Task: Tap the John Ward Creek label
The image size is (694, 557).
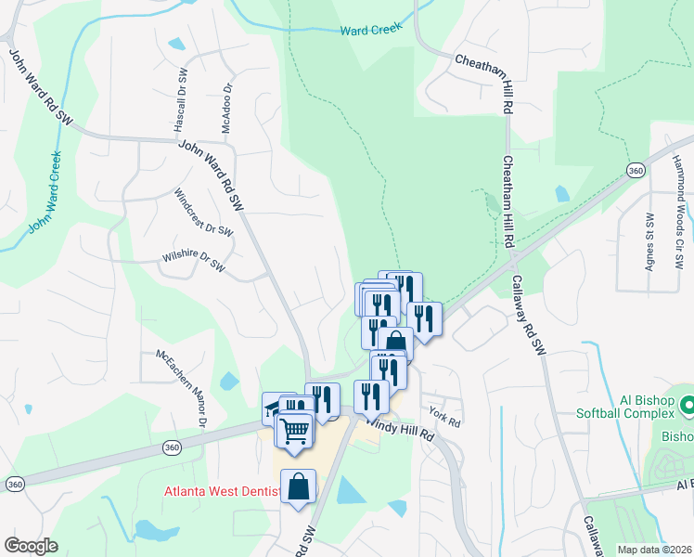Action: click(44, 191)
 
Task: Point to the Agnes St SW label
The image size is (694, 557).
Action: click(649, 240)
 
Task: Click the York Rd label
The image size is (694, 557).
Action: click(445, 415)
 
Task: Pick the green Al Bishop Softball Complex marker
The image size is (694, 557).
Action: click(688, 405)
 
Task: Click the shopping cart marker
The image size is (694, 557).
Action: click(295, 430)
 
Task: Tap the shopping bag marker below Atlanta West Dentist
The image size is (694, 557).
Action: click(299, 486)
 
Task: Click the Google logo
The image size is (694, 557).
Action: click(31, 546)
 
